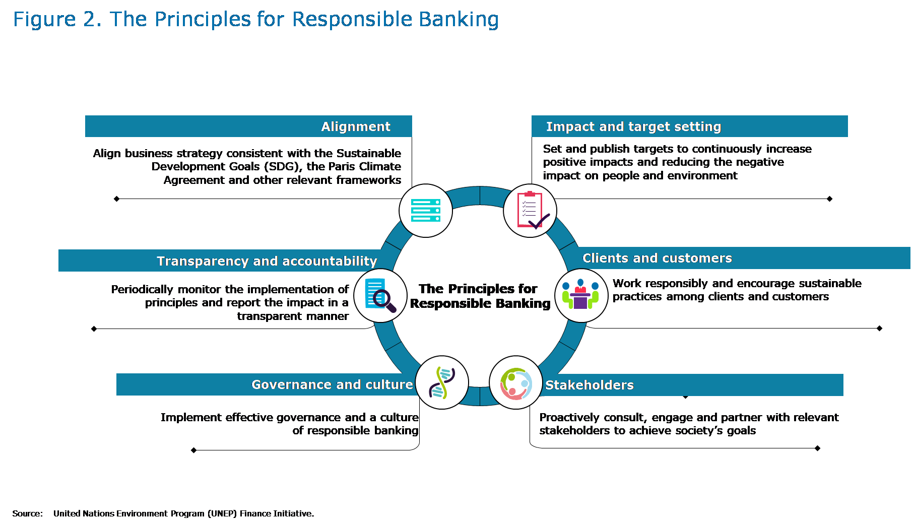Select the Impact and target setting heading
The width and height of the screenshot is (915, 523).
(x=633, y=126)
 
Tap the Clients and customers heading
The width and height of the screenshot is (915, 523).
(x=657, y=258)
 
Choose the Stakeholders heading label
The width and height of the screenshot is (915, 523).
(x=589, y=385)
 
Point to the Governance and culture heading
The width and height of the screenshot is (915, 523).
(x=332, y=384)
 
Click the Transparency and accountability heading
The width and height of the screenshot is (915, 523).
(x=267, y=261)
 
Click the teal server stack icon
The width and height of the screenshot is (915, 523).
(x=426, y=211)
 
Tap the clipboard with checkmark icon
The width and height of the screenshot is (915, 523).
(x=530, y=210)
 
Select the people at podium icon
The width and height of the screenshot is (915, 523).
(x=581, y=295)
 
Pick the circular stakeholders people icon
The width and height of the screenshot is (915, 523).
(x=515, y=383)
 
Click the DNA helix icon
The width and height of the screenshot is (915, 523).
(x=442, y=382)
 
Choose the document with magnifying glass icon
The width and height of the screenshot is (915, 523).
(x=380, y=295)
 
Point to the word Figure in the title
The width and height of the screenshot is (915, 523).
(x=44, y=20)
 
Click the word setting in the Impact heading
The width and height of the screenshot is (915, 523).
(x=698, y=126)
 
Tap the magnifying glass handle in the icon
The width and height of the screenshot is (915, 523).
(x=391, y=307)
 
